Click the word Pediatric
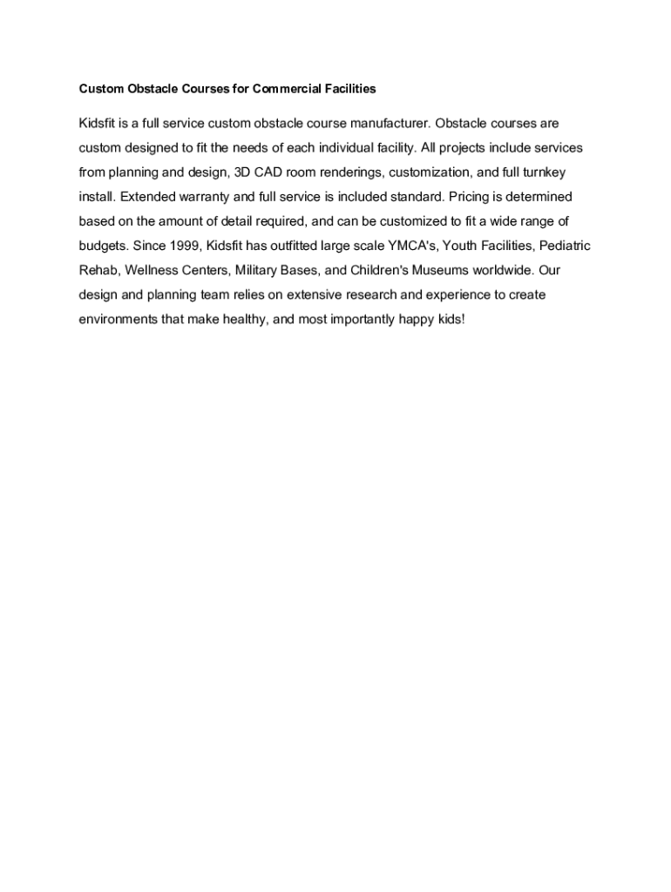pyautogui.click(x=560, y=246)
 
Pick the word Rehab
pyautogui.click(x=98, y=270)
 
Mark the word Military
pyautogui.click(x=257, y=270)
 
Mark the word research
pyautogui.click(x=369, y=294)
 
